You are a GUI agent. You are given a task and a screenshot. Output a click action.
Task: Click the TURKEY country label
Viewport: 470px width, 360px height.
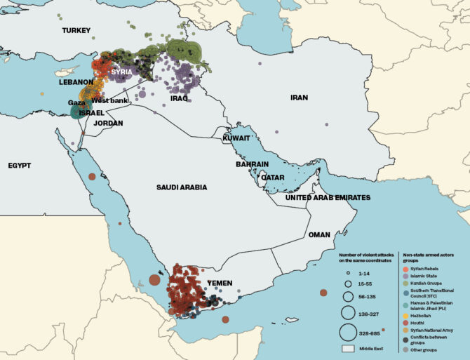[x=77, y=30]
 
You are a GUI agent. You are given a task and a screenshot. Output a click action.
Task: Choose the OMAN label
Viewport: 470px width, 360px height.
[x=319, y=235]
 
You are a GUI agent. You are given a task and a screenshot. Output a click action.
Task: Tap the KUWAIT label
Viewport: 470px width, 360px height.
[x=236, y=138]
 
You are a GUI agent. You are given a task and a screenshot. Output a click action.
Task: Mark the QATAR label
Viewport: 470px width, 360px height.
[x=272, y=178]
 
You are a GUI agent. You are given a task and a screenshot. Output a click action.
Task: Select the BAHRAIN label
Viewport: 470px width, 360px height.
[x=253, y=164]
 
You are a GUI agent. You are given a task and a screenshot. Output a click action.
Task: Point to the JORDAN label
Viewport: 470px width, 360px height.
[x=108, y=123]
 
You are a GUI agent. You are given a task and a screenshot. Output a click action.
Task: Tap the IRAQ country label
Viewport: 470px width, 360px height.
[x=180, y=98]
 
